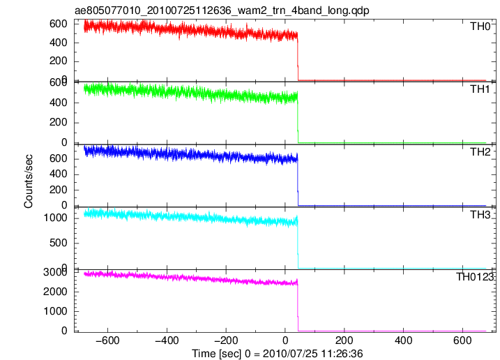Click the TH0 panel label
(480, 27)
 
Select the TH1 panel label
(480, 89)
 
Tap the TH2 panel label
(480, 152)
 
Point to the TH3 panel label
(480, 215)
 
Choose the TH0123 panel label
(475, 277)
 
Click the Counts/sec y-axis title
(29, 181)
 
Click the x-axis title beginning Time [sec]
(277, 354)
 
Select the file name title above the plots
(222, 10)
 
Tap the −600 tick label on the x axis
(107, 340)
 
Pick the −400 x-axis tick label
(167, 340)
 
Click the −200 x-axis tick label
(226, 340)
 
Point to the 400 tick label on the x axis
(403, 340)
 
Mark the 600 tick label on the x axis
(462, 340)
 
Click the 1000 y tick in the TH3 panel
(56, 218)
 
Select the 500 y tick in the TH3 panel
(59, 243)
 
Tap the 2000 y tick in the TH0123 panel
(56, 292)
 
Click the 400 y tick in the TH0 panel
(59, 43)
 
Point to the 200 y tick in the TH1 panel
(59, 123)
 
